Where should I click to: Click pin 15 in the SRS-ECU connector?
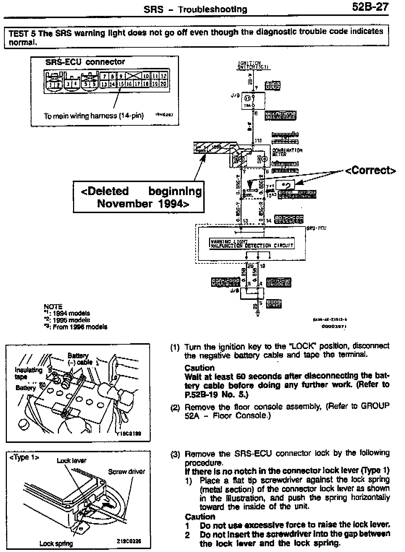point(121,84)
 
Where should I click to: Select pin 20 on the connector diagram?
point(163,84)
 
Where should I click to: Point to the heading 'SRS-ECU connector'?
point(85,62)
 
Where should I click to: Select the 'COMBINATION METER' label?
point(287,152)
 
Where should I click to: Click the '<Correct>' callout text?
point(371,170)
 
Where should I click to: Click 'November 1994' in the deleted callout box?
point(143,204)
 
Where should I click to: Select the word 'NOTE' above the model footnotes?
point(53,307)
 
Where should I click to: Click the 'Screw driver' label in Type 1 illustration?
point(126,471)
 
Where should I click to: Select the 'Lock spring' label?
point(56,543)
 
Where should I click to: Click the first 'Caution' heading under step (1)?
point(200,368)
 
